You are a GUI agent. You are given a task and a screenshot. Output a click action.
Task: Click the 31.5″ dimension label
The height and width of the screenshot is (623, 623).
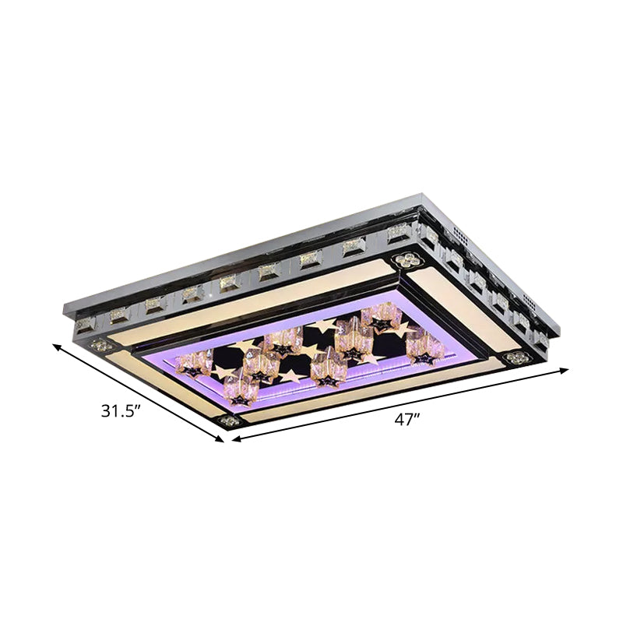coord(121,410)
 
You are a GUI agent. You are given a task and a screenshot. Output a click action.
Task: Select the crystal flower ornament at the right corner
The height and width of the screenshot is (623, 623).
coord(515,357)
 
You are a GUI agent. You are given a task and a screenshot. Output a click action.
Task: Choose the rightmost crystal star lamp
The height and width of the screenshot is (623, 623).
coord(425,345)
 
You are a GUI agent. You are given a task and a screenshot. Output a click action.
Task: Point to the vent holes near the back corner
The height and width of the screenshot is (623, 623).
coord(458,233)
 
